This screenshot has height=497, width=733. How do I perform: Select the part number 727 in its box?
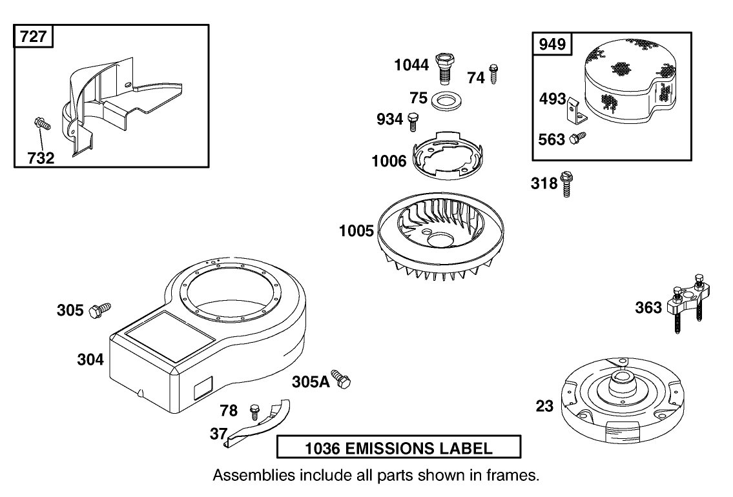click(x=33, y=36)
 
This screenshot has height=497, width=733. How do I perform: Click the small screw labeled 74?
click(x=494, y=74)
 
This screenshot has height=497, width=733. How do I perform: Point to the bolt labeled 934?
click(x=413, y=120)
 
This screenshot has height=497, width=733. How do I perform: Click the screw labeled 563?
click(x=577, y=137)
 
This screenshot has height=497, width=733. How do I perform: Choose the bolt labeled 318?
click(x=568, y=183)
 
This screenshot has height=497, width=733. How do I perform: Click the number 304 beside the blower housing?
click(x=90, y=360)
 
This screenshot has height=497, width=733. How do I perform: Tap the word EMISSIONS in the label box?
click(x=394, y=447)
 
